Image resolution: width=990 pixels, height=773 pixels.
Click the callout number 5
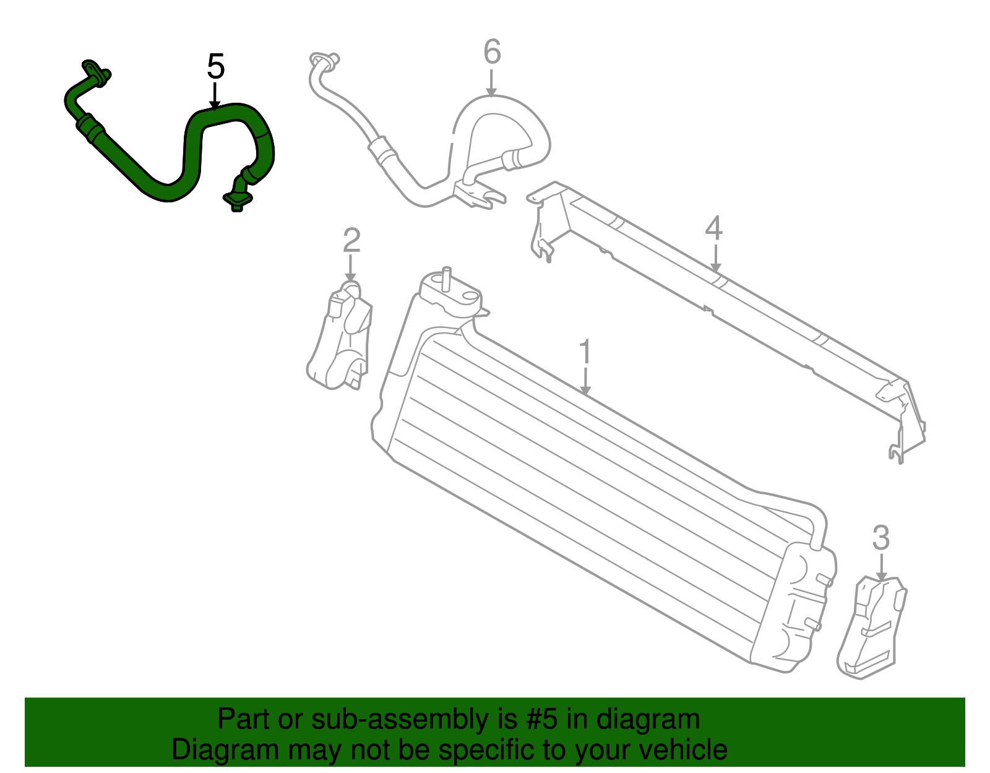pyautogui.click(x=215, y=66)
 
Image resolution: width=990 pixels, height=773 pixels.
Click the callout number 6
pyautogui.click(x=492, y=51)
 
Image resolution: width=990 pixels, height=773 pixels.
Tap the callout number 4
pyautogui.click(x=713, y=228)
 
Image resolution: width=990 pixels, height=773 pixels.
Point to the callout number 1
pyautogui.click(x=585, y=352)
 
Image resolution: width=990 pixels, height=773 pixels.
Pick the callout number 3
pyautogui.click(x=880, y=537)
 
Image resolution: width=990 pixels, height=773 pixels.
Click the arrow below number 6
pyautogui.click(x=491, y=82)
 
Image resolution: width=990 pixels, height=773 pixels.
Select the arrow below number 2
pyautogui.click(x=350, y=269)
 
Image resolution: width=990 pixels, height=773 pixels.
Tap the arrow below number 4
pyautogui.click(x=716, y=258)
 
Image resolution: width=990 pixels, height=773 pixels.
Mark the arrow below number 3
pyautogui.click(x=882, y=568)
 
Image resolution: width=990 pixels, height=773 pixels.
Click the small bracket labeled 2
pyautogui.click(x=340, y=335)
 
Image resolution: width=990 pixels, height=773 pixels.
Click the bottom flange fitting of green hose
pyautogui.click(x=238, y=199)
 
